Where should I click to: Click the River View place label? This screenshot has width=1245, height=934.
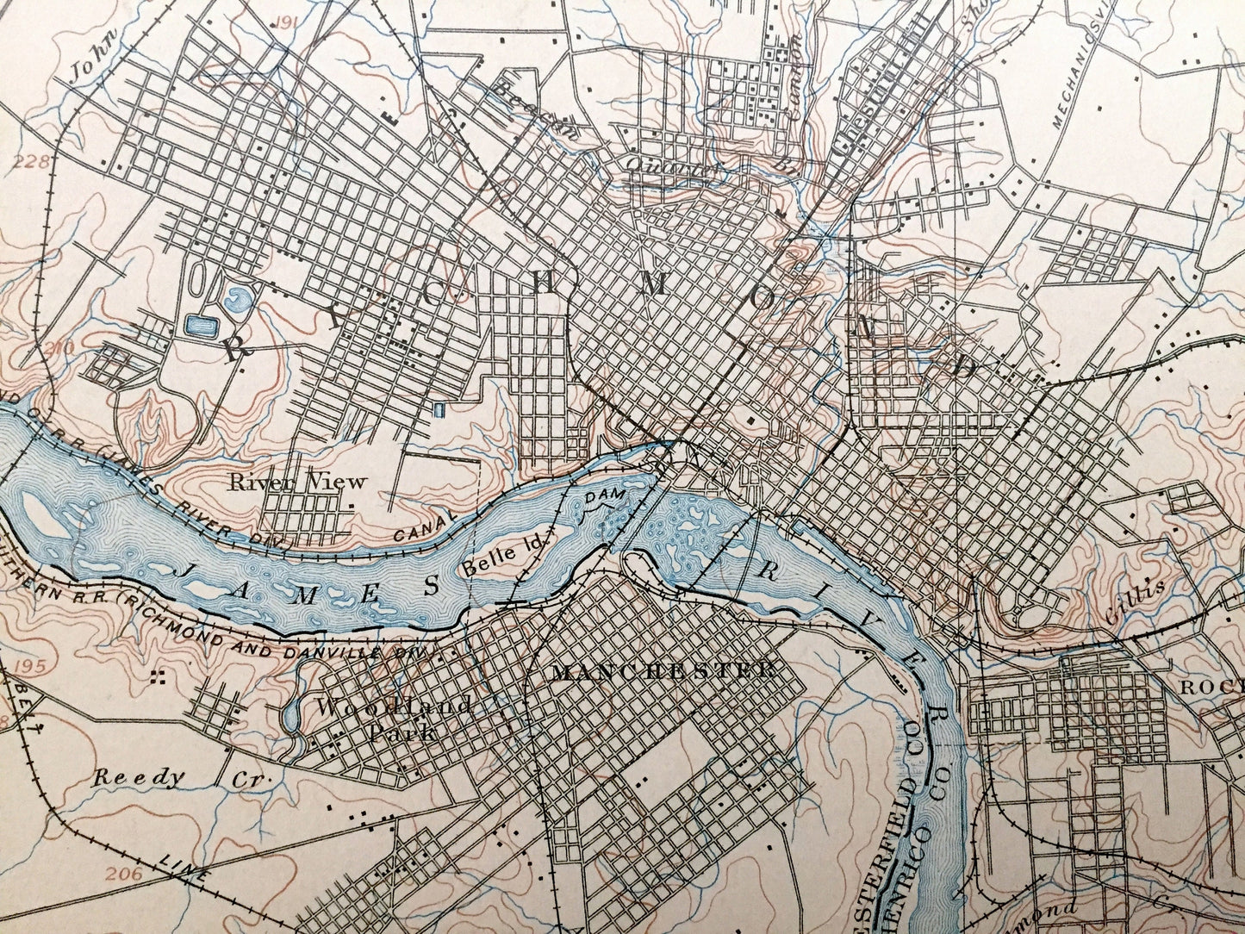click(297, 483)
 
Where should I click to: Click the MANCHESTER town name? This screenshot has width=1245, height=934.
click(661, 671)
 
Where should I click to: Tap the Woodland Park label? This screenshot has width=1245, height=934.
click(393, 719)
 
